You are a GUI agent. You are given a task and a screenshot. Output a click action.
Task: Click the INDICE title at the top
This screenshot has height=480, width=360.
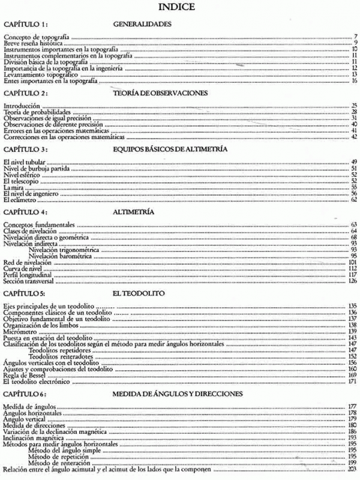180,8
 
